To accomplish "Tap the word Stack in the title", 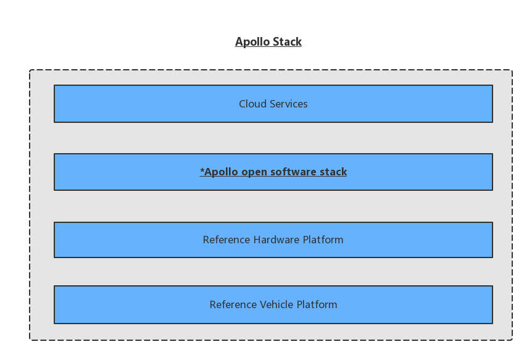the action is tap(288, 42).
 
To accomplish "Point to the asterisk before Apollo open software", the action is tap(202, 170).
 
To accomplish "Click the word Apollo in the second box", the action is tap(221, 172).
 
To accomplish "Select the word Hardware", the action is tap(276, 240).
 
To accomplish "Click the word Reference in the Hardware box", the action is tap(227, 240).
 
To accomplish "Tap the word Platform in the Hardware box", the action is tap(323, 240).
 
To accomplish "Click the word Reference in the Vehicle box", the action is tap(233, 304).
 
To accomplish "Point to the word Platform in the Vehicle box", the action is tap(317, 304).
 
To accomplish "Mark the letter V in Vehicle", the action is tap(264, 304).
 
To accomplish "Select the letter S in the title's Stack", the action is tap(276, 42).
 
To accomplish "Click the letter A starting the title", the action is tap(239, 42).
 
